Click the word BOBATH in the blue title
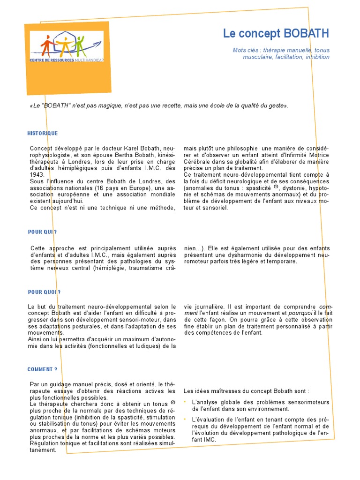click(x=307, y=34)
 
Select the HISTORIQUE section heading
click(x=43, y=134)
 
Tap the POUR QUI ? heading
click(x=43, y=232)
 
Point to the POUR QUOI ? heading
click(x=44, y=292)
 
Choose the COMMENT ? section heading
click(x=42, y=369)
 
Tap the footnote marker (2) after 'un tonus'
click(x=172, y=402)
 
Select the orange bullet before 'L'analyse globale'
click(x=185, y=402)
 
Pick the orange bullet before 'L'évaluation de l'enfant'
click(x=185, y=419)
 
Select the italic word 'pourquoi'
click(x=299, y=313)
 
